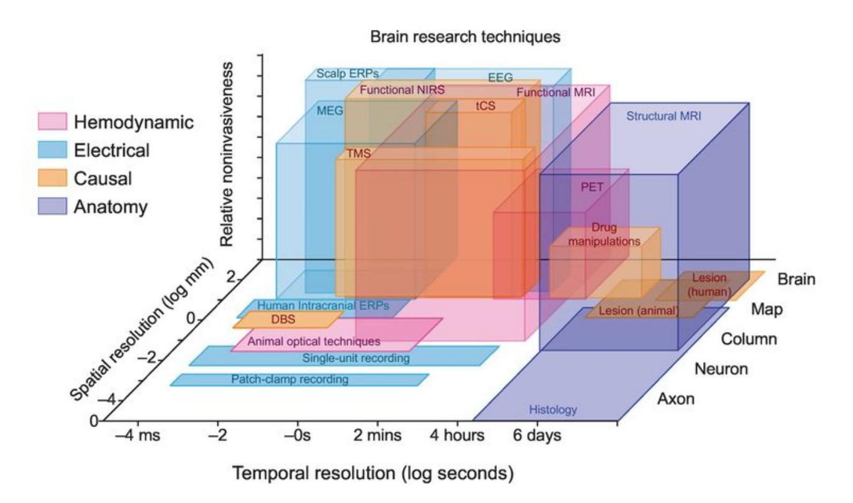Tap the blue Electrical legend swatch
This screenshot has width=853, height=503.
(53, 150)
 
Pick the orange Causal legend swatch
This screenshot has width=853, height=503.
(53, 178)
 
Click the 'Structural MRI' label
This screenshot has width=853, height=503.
(663, 116)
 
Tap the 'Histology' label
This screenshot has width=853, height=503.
(553, 410)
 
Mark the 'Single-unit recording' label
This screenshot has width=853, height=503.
(356, 358)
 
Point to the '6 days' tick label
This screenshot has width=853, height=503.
(537, 435)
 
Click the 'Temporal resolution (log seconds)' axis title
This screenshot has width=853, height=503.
(372, 474)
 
